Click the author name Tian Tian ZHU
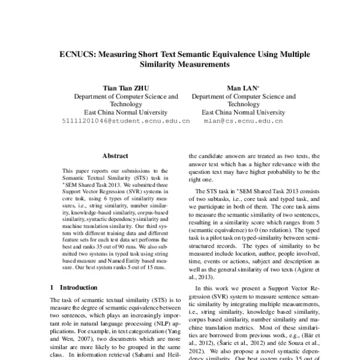click(x=125, y=87)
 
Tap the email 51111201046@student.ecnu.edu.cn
click(x=126, y=121)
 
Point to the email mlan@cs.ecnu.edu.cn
click(x=243, y=121)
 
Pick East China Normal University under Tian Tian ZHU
click(x=125, y=112)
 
